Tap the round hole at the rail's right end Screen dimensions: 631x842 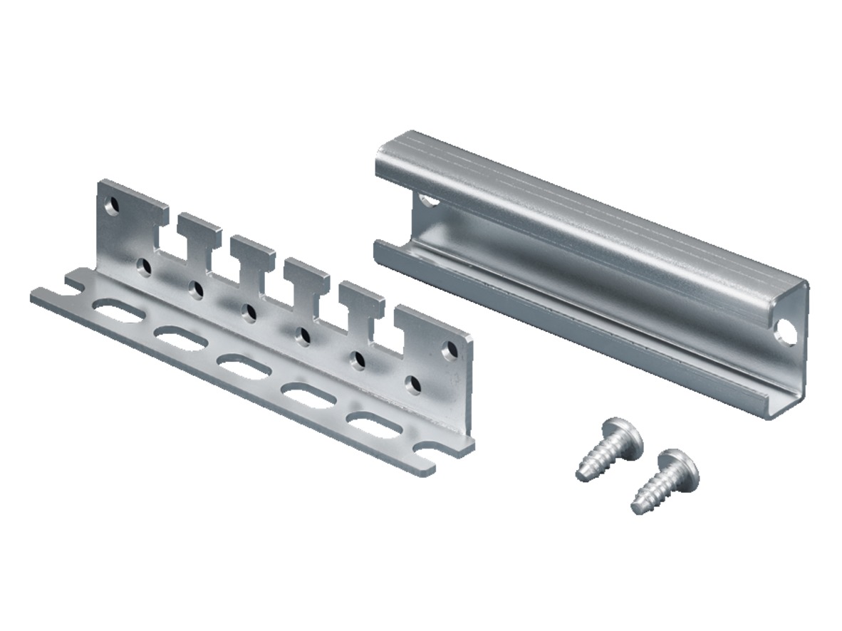point(786,333)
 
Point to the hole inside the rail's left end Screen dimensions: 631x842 point(427,199)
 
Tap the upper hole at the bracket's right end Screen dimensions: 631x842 point(449,350)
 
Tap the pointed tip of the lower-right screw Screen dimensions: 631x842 point(637,508)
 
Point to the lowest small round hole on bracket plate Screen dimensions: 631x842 point(412,385)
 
